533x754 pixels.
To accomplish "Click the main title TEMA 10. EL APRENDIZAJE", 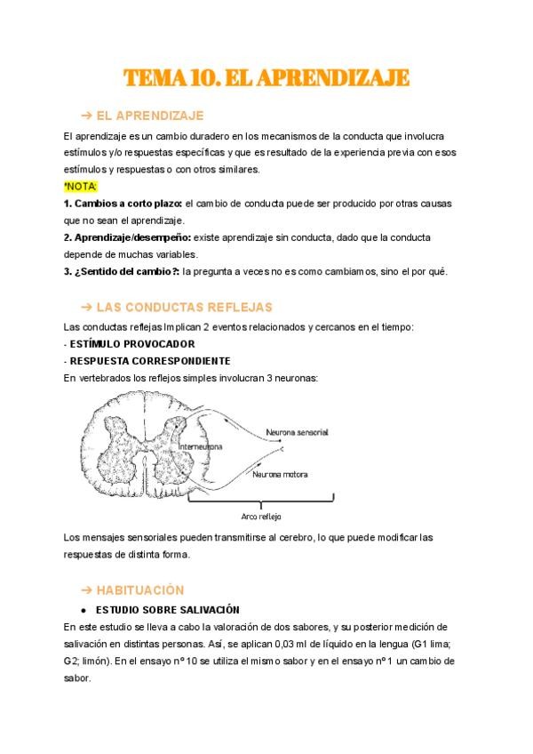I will pos(266,78).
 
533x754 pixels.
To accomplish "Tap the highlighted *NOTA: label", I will pos(81,187).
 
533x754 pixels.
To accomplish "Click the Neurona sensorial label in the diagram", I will pos(298,432).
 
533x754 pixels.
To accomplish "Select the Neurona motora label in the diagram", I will pos(280,474).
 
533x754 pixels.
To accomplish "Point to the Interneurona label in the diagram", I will pos(200,446).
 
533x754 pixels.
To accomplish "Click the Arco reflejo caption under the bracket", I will pos(262,516).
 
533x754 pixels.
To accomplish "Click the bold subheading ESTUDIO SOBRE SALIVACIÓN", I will pos(168,610).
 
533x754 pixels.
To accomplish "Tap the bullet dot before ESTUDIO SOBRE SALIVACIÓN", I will pos(83,610).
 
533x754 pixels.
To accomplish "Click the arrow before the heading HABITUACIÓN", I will pos(86,590).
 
